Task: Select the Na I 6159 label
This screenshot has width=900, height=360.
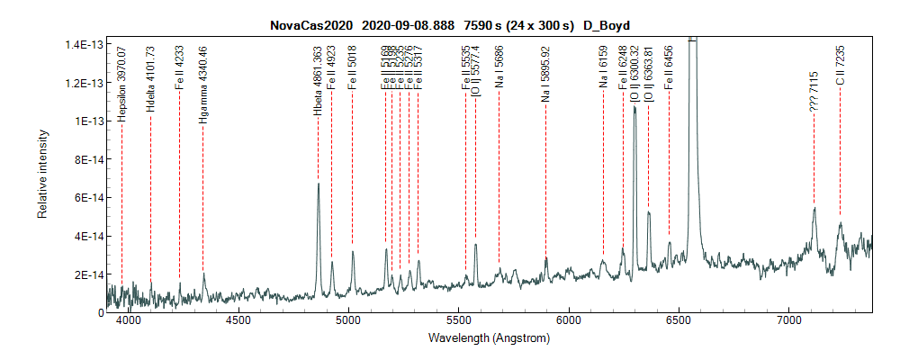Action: point(603,67)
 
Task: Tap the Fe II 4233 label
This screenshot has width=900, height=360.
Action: point(179,67)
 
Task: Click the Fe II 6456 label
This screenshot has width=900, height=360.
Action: point(669,67)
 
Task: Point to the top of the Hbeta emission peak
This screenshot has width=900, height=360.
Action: point(318,184)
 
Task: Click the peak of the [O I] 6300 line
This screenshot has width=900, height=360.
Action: point(634,107)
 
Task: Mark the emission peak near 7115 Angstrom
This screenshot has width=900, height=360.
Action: point(814,209)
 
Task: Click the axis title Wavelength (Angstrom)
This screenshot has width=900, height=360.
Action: point(490,338)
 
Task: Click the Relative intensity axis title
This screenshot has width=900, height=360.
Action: point(42,177)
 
